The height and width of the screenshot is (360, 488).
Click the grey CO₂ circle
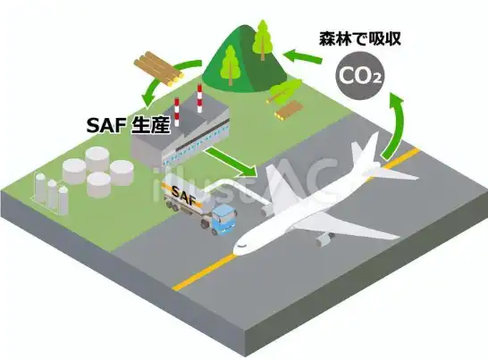tap(359, 77)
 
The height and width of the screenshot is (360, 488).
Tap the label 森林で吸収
tap(360, 39)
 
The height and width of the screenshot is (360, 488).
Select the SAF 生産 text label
tap(129, 125)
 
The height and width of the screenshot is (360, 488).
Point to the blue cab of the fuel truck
tap(224, 219)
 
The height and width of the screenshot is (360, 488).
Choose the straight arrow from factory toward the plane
tap(231, 162)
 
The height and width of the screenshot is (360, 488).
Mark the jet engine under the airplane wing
tap(324, 239)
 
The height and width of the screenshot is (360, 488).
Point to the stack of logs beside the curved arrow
tap(158, 69)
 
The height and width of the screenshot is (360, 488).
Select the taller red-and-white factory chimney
tap(199, 98)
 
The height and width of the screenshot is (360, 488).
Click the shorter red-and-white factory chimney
tap(177, 112)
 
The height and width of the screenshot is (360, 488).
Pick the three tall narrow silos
tap(51, 194)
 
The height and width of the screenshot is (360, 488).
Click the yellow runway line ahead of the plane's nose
tap(203, 272)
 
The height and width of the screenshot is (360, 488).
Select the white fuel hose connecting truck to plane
tap(237, 189)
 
